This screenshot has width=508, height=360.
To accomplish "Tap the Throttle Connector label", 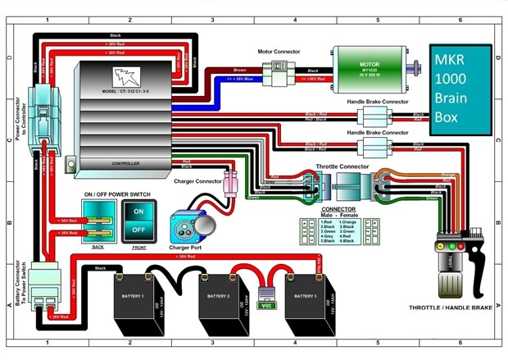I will click(x=342, y=166).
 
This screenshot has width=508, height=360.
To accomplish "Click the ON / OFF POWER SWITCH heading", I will click(x=118, y=194).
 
